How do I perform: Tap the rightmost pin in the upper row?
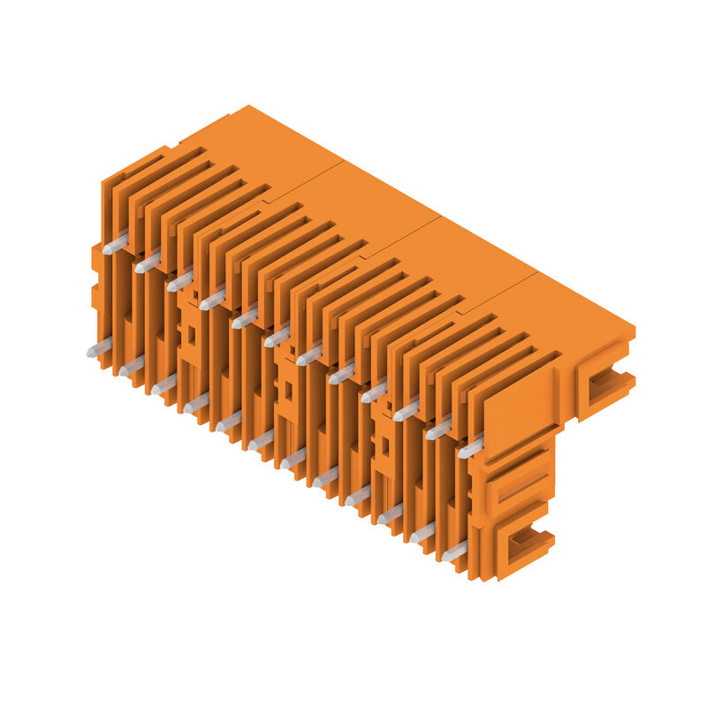pos(471,448)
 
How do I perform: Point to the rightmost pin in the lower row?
pos(455,552)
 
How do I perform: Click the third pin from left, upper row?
pos(180,281)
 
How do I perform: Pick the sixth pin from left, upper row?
pos(277,337)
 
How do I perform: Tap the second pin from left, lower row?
pos(132,365)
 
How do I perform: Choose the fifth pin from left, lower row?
pos(229,422)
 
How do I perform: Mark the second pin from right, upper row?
pos(439,430)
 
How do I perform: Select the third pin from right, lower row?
pos(391,514)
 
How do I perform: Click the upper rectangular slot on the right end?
pos(606,382)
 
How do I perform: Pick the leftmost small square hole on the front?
pos(190,334)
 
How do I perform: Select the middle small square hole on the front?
pos(286,389)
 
